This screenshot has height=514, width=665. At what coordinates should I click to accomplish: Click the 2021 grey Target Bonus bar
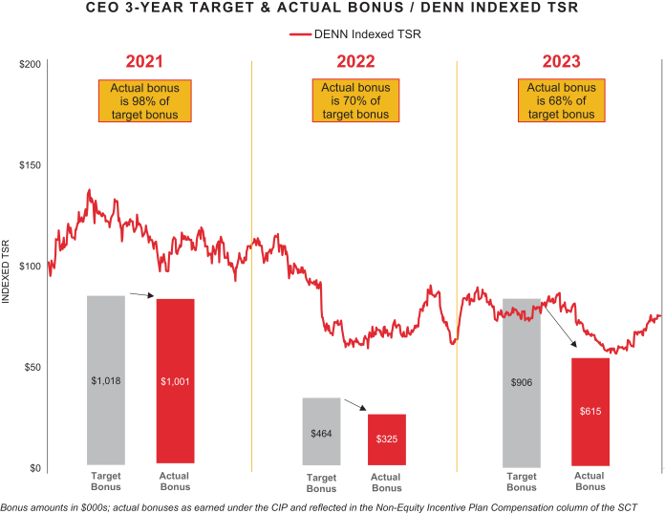click(106, 379)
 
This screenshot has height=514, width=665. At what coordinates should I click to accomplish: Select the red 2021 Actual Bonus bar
click(175, 381)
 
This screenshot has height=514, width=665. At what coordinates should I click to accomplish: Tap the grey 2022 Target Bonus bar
click(321, 431)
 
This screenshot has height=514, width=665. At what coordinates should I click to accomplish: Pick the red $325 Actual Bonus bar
click(386, 439)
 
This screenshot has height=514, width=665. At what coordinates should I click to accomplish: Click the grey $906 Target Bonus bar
click(522, 382)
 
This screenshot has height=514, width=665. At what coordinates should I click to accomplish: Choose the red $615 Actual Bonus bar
click(590, 411)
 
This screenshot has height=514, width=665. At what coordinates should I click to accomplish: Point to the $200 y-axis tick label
click(29, 64)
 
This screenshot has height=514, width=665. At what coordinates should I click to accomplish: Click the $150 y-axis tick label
click(29, 165)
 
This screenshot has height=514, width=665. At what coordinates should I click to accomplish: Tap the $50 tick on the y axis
click(32, 367)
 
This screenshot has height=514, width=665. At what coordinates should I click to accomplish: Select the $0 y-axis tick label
click(34, 468)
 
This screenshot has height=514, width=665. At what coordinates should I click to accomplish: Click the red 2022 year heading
click(355, 62)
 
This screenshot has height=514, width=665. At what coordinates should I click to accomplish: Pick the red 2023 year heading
click(562, 62)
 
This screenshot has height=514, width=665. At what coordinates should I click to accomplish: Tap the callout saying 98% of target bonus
click(145, 100)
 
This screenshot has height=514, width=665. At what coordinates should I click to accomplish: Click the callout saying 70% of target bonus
click(355, 100)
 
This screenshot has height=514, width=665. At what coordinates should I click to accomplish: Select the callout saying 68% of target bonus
click(562, 100)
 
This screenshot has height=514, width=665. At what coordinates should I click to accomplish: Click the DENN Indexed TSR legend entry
click(355, 34)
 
